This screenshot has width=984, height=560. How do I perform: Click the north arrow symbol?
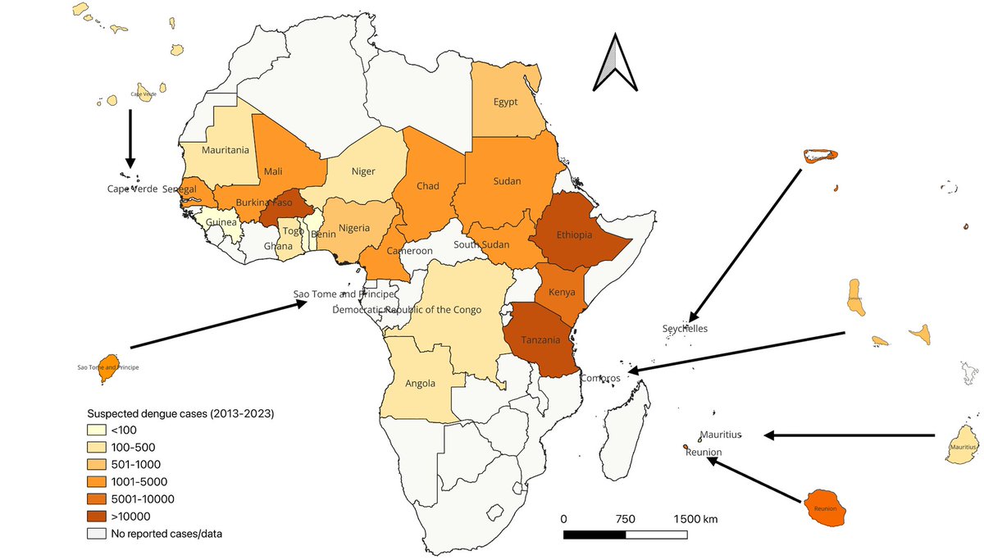point(614,63)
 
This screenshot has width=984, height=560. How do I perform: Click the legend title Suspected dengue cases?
point(180,413)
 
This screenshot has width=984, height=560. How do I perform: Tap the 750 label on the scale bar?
point(625,519)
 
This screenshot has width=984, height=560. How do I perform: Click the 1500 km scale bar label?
point(695,519)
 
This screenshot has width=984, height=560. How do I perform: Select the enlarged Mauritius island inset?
point(962,444)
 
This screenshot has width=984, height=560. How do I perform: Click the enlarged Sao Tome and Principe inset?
point(107,363)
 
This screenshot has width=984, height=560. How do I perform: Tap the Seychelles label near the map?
point(685,329)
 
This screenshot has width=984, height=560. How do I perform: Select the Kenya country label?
point(562,293)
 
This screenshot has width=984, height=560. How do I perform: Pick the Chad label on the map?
point(427,186)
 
